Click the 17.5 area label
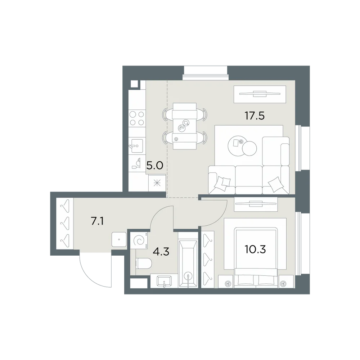pyautogui.click(x=255, y=116)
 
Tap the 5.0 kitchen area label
pyautogui.click(x=154, y=165)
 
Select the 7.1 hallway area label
pyautogui.click(x=97, y=221)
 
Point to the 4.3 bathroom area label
pyautogui.click(x=161, y=252)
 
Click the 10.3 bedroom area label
pyautogui.click(x=255, y=249)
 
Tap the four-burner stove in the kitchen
pyautogui.click(x=137, y=118)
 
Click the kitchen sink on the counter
pyautogui.click(x=136, y=146)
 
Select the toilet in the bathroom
pyautogui.click(x=144, y=264)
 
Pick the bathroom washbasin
pyautogui.click(x=164, y=282)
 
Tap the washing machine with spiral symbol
pyautogui.click(x=139, y=240)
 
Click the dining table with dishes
pyautogui.click(x=185, y=126)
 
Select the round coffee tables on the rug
pyautogui.click(x=242, y=146)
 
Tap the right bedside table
pyautogui.click(x=286, y=282)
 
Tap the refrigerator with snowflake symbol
pyautogui.click(x=157, y=183)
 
